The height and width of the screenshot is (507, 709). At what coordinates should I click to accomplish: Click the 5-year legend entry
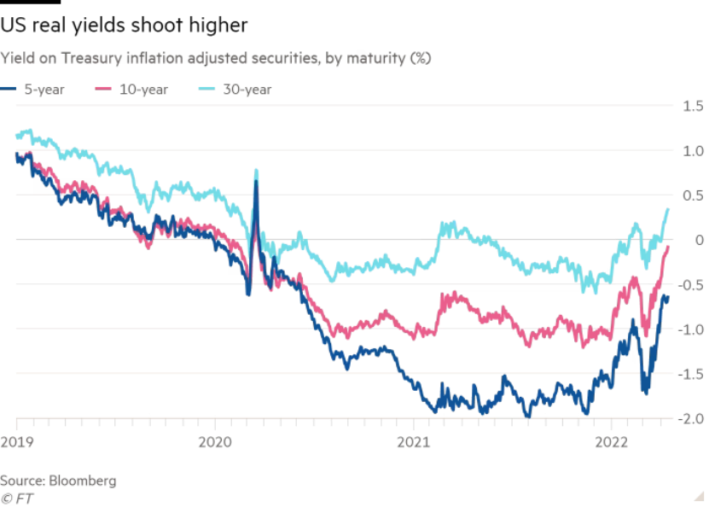tap(32, 90)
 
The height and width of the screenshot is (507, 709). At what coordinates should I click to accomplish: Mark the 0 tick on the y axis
tap(690, 240)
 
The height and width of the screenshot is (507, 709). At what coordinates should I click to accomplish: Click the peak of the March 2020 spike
tap(255, 170)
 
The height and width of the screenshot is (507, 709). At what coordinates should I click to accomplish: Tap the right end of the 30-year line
tap(668, 208)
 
